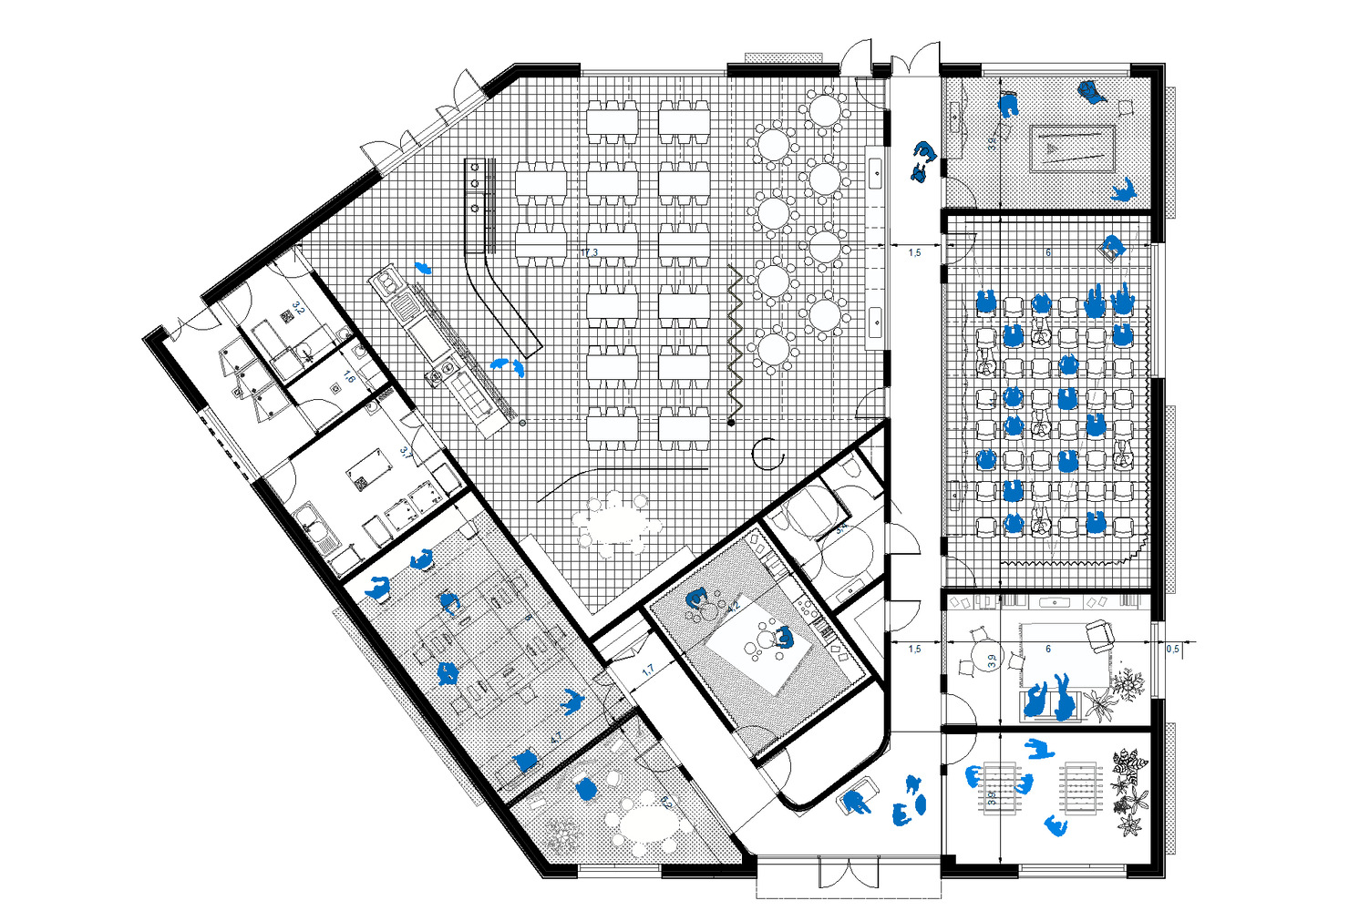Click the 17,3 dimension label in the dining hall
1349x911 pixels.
[589, 252]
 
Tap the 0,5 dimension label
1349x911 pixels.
[1172, 649]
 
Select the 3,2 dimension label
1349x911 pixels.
[297, 311]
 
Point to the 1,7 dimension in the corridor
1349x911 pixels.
[648, 670]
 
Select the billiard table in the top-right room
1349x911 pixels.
[1072, 148]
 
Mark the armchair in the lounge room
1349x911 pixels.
[1100, 635]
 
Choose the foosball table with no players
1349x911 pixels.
[1081, 788]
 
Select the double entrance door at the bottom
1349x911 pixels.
[849, 874]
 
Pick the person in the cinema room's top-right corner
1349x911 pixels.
[1111, 248]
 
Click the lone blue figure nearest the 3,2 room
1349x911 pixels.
[422, 268]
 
